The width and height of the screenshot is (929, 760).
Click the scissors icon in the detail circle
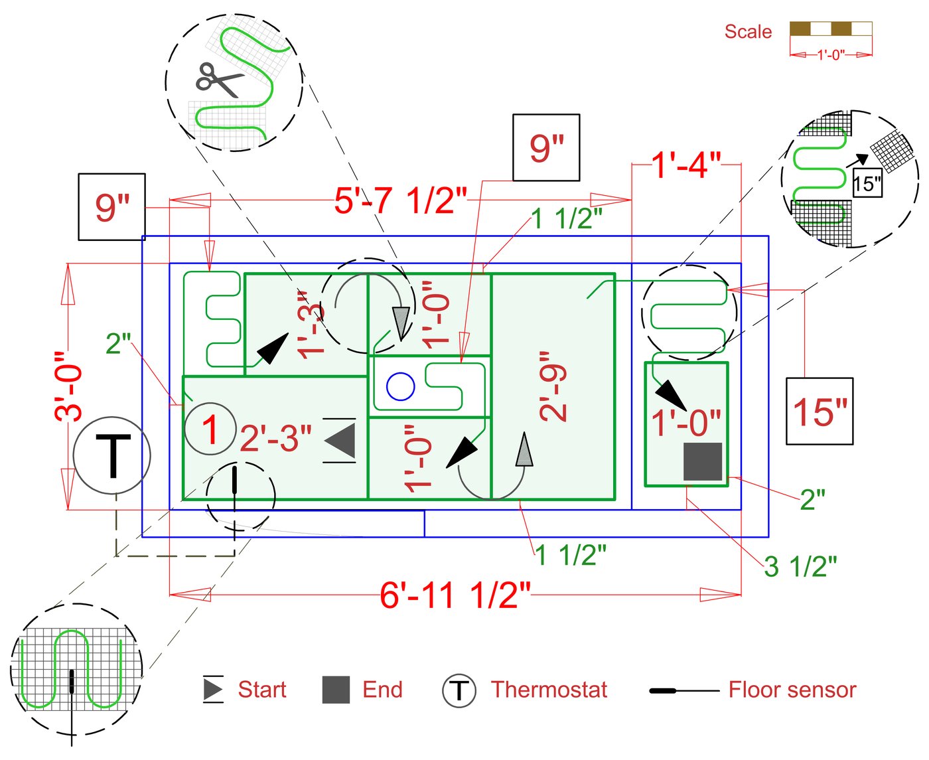pos(220,80)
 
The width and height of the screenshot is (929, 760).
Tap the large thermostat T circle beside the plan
pos(112,455)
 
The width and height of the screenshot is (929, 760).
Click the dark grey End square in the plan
pos(703,461)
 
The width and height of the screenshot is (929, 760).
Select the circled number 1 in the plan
pos(210,429)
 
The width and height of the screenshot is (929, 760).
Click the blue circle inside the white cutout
pos(400,386)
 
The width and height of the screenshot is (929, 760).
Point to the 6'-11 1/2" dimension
pos(455,595)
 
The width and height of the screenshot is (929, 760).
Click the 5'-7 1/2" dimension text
pos(400,200)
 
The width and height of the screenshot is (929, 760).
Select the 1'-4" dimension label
pos(685,165)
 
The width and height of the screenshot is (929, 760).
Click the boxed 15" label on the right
pos(820,412)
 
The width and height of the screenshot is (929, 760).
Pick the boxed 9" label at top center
pos(546,148)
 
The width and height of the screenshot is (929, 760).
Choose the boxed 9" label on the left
pos(111,207)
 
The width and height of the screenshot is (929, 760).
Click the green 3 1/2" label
pos(800,567)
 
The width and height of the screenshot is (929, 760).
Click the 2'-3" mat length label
pos(275,438)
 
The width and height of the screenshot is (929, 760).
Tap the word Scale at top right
pos(748,32)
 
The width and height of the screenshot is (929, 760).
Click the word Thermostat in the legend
pos(549,690)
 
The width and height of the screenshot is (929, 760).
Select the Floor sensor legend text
pos(792,690)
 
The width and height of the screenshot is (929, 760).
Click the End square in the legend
pos(336,690)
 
